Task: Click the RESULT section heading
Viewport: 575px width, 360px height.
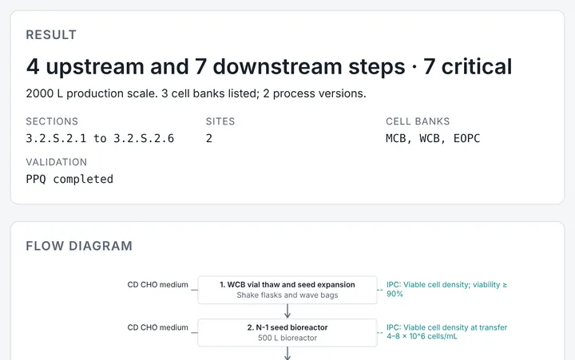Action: point(51,35)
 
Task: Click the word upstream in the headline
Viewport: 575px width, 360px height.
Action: point(94,67)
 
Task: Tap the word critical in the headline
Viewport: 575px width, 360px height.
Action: point(476,66)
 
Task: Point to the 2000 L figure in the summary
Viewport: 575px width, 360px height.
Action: point(45,93)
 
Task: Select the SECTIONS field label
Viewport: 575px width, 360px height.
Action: point(52,121)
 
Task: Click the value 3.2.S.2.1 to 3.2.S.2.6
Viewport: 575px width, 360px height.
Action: point(100,138)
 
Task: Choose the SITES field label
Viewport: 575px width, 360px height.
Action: point(220,121)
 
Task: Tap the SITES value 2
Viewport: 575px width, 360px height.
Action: point(208,138)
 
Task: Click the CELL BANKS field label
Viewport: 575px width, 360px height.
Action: point(418,121)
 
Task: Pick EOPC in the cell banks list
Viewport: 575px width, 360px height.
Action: point(466,138)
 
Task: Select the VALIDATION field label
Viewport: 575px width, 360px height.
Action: point(56,162)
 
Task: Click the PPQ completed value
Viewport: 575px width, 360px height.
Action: point(69,180)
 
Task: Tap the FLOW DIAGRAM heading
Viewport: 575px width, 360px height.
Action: point(79,246)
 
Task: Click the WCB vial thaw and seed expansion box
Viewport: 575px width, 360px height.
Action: point(287,290)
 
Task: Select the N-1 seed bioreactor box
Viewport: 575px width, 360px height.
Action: point(287,333)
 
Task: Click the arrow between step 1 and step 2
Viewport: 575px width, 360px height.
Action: point(287,311)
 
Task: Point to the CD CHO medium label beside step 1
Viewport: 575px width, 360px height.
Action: point(157,285)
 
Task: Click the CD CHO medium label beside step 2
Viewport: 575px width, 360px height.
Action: point(157,327)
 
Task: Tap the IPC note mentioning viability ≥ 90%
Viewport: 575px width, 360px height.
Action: point(446,289)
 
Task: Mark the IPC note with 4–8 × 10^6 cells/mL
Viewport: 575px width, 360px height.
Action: point(446,332)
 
